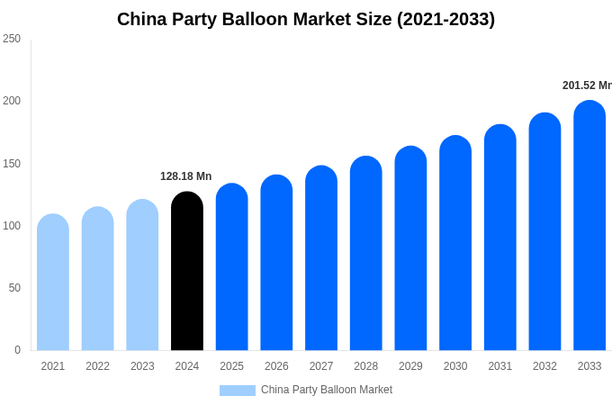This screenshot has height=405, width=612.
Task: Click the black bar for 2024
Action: pos(187,271)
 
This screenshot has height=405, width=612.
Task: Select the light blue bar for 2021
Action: pos(53,283)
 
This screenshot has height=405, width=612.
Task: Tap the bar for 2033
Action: pos(589,226)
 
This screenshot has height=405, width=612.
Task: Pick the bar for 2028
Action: pos(366,254)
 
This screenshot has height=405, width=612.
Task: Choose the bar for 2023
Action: pos(142,275)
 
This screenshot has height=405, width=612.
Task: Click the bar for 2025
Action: pos(231,267)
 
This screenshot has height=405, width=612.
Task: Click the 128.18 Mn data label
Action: pos(186,176)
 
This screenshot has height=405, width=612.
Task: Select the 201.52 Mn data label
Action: pos(587,85)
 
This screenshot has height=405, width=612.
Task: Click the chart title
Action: pos(306,19)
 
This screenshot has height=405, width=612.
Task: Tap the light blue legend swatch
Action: pos(238,390)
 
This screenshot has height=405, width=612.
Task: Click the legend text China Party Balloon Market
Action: pos(327,390)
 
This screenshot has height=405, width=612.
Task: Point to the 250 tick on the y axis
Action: pos(12,39)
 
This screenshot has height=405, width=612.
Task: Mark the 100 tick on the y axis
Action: pos(12,226)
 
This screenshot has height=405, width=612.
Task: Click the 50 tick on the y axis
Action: pos(14,288)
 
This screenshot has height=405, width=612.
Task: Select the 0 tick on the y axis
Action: pos(17,350)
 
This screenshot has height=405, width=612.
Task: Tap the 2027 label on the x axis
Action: pos(321,366)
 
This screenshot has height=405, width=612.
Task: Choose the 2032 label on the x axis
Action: pos(544,366)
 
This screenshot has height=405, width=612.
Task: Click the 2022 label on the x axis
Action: pos(97,366)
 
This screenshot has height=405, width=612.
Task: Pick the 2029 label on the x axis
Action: pos(410,366)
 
